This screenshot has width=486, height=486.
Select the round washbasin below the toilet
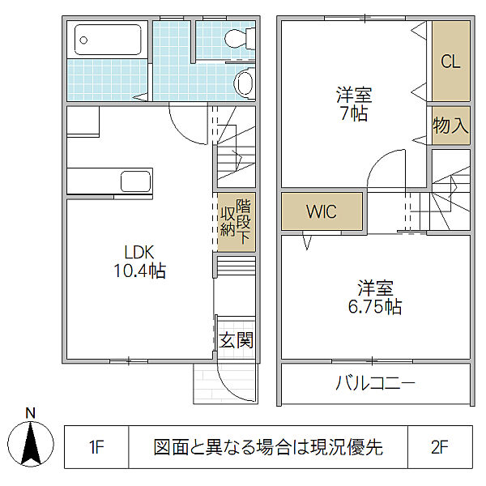(244, 81)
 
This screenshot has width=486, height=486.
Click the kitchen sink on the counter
(132, 181)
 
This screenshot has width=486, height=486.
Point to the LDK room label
(139, 252)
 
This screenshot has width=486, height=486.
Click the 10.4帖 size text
(139, 271)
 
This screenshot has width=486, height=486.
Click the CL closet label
(450, 62)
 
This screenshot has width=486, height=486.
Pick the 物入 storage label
(450, 126)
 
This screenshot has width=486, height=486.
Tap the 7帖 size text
(354, 113)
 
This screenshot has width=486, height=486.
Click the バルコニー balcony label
(375, 383)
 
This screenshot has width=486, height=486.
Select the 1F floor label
(96, 448)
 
